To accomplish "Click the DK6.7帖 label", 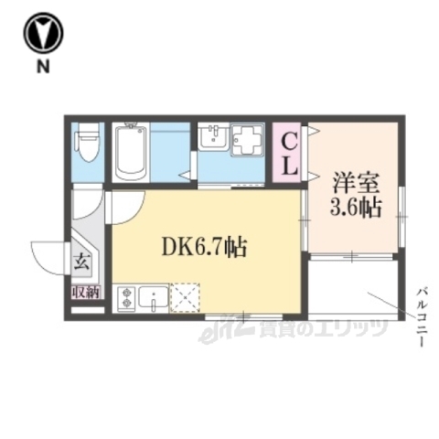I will tap(203, 246).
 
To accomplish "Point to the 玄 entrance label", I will tap(81, 259).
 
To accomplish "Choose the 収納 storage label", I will tap(87, 293).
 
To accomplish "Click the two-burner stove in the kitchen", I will tap(125, 296).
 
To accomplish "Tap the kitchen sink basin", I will tap(155, 298).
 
